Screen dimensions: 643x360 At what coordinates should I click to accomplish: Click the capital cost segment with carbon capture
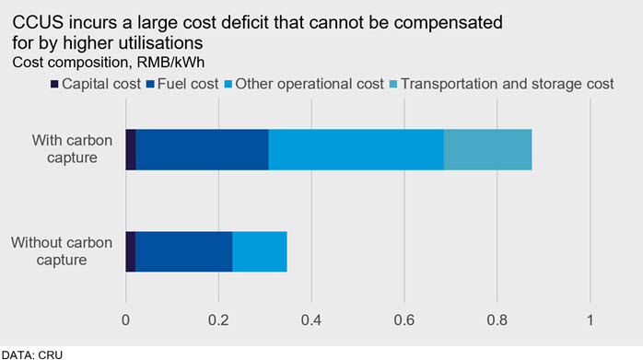131,150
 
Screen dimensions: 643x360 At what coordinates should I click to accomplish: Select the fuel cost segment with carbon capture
203,150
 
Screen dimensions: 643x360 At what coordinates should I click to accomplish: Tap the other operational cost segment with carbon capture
357,150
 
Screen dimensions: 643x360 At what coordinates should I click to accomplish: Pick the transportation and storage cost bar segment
488,150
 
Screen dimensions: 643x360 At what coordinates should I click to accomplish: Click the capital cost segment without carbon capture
131,251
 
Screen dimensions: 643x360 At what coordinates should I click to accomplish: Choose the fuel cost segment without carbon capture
183,251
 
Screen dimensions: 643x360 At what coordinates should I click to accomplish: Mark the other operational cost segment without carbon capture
260,251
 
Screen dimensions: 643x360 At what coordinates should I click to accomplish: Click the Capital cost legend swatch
54,85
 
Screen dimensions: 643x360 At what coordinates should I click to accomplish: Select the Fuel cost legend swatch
150,85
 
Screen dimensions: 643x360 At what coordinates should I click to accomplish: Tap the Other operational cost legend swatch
228,85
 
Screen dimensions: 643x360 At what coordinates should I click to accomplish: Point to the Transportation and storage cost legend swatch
393,85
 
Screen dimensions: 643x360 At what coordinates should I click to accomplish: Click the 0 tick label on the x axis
125,319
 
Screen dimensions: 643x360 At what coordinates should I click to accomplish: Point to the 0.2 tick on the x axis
218,319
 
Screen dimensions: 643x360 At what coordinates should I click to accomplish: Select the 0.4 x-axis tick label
311,319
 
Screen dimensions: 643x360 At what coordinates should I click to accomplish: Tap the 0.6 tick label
403,319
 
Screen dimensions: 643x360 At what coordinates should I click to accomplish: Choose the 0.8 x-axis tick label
497,319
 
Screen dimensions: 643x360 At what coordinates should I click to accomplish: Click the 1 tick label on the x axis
590,319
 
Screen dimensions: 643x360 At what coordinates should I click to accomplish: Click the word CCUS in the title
38,22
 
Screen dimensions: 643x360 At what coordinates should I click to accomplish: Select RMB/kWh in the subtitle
170,63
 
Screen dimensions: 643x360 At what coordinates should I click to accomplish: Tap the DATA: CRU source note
32,354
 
